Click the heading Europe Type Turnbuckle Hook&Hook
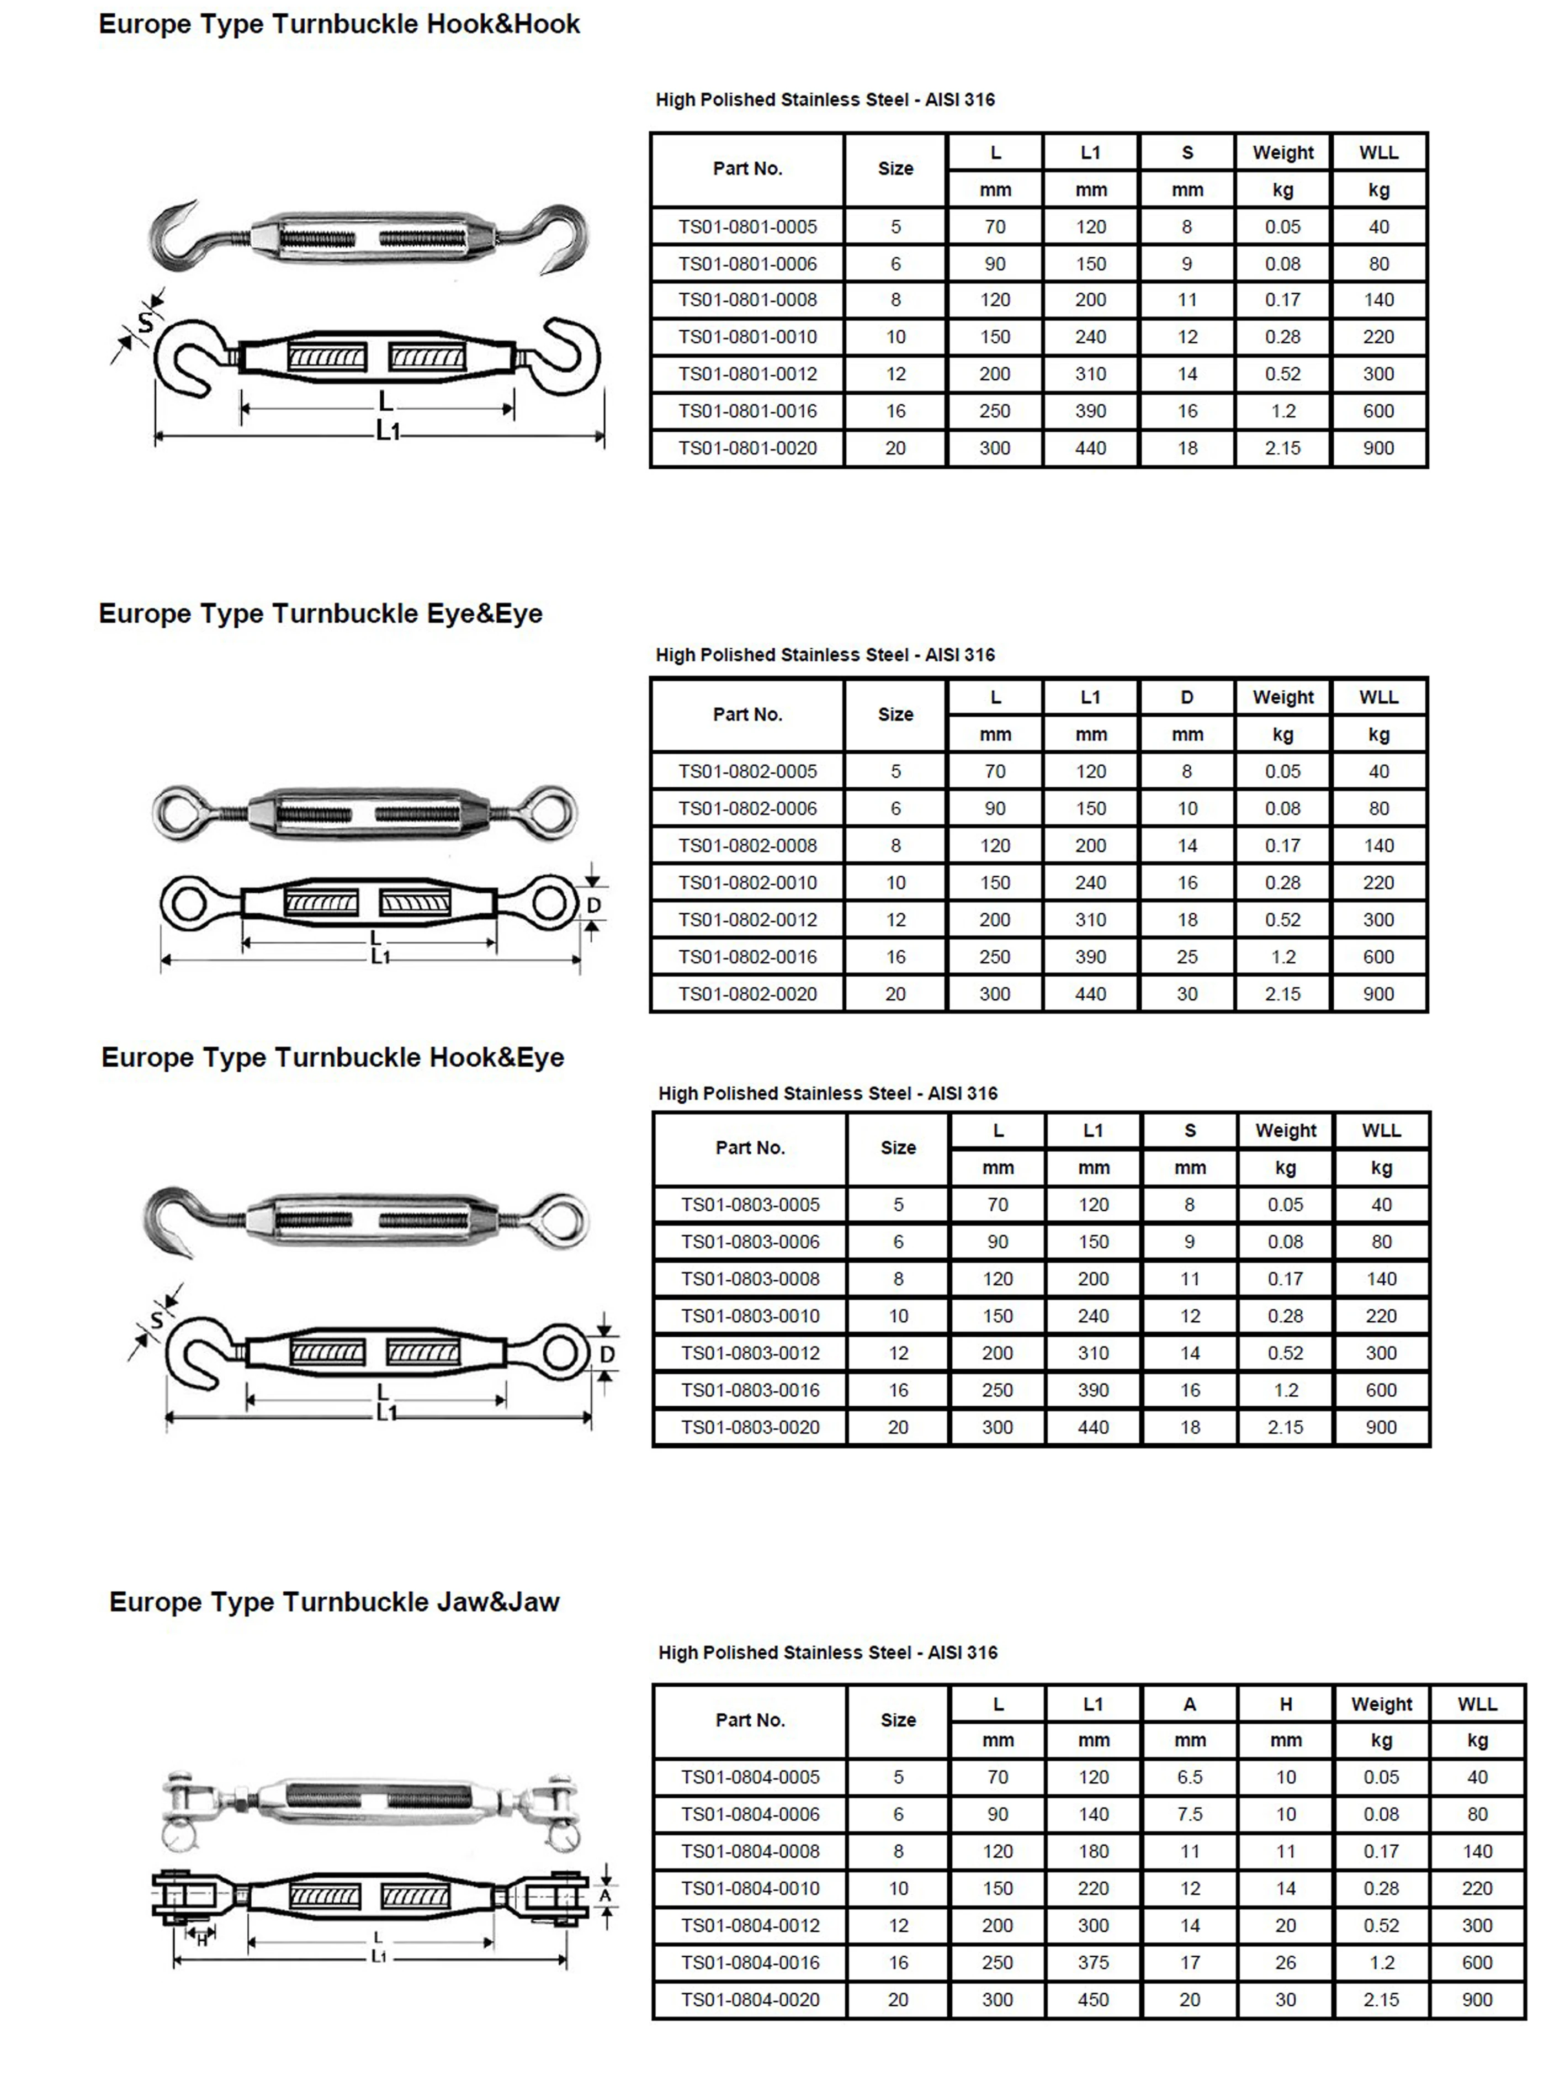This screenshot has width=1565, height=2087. (x=338, y=24)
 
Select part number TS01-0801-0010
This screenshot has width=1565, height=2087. (x=747, y=337)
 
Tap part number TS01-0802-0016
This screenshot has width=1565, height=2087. (x=747, y=957)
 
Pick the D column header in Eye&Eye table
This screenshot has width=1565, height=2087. (x=1187, y=697)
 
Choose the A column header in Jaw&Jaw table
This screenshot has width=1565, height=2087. (x=1190, y=1704)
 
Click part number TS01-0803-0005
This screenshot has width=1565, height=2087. (x=750, y=1205)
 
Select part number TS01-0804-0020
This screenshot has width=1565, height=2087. (x=750, y=1999)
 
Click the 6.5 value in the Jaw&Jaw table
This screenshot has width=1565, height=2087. (x=1190, y=1777)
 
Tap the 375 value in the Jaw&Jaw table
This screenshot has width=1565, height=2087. (x=1094, y=1962)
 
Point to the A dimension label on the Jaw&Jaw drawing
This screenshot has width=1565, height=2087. (x=604, y=1894)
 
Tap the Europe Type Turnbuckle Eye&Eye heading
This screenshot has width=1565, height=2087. (x=321, y=614)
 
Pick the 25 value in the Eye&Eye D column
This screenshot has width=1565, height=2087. (x=1187, y=957)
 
